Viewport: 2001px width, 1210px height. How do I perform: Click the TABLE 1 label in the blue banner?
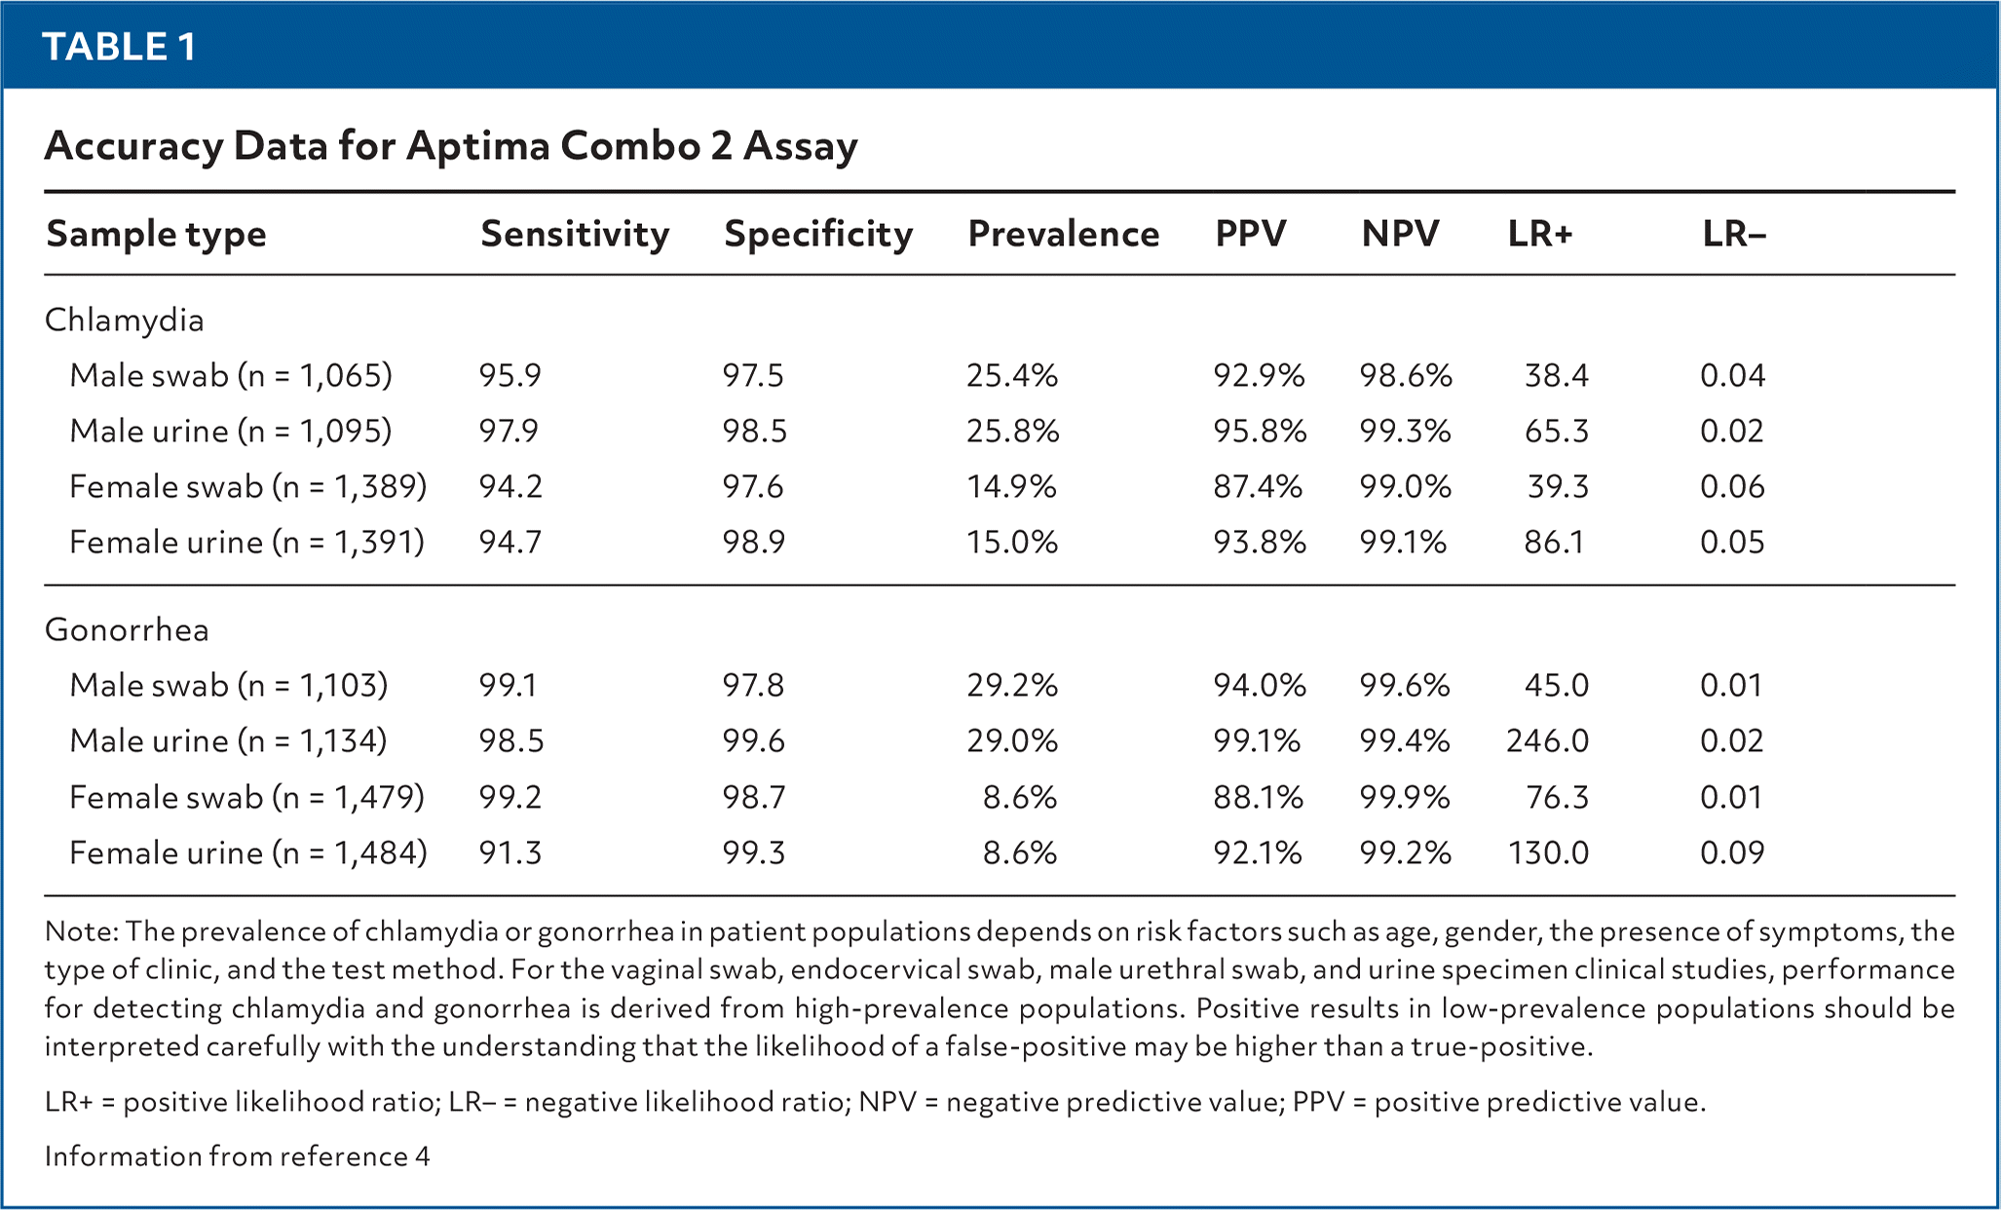119,46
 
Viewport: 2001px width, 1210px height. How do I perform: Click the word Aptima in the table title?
476,146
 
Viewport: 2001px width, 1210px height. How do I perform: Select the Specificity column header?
818,234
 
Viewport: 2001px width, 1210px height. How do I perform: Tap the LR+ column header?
1540,234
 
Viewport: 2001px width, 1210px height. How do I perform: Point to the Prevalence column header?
1063,234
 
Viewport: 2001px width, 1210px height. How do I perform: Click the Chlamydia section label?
125,320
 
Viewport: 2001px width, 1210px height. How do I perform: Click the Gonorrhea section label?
127,629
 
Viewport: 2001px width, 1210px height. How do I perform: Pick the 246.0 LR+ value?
1547,740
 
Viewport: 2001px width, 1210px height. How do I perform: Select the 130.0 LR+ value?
1548,852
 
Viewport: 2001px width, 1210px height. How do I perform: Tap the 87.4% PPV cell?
1258,486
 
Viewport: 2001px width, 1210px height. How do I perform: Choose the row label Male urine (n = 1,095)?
230,431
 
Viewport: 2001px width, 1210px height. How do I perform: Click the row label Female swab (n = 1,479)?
246,797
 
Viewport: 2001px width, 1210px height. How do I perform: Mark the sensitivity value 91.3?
510,852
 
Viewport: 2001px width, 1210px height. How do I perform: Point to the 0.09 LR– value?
1732,852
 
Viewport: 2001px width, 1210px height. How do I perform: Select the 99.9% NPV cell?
1405,797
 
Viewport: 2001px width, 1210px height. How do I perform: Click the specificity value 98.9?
753,542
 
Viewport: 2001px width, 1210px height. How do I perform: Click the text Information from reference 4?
237,1155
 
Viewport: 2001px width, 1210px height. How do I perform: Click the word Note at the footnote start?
77,930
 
